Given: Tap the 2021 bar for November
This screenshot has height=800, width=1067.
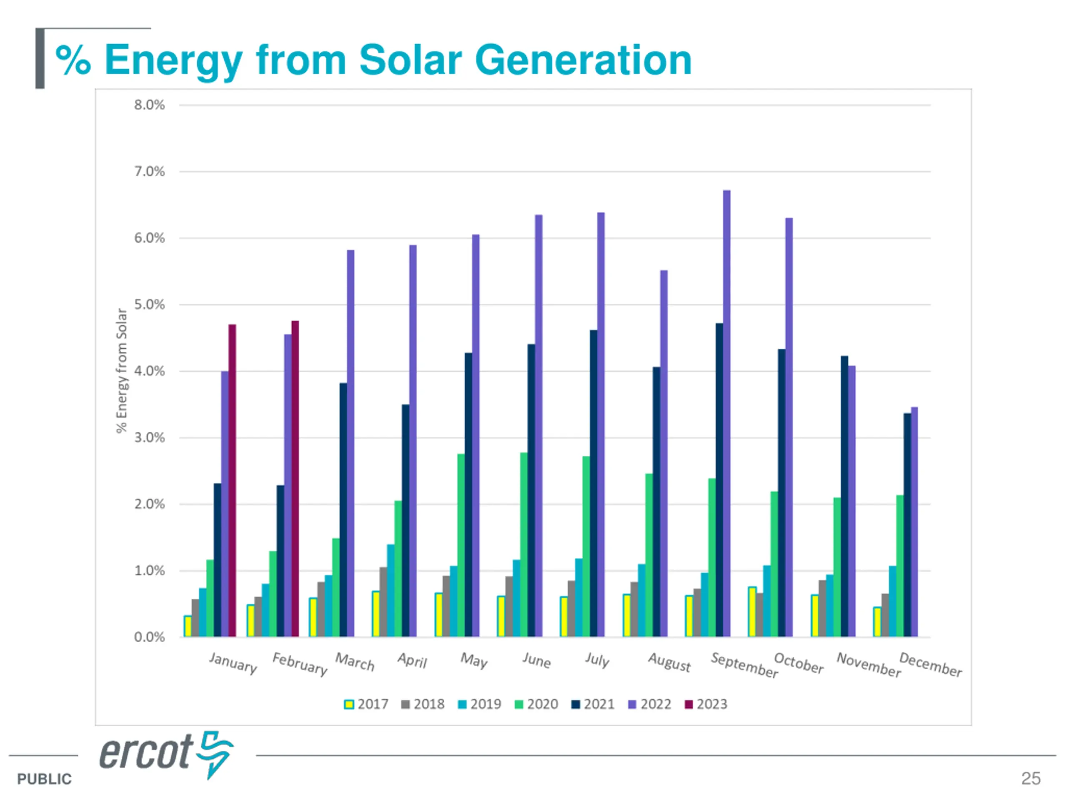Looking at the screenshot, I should (844, 496).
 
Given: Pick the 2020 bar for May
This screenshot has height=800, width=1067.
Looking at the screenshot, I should (461, 545).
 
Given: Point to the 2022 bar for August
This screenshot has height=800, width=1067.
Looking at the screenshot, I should (664, 453).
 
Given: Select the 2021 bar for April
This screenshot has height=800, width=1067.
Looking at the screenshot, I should (406, 520).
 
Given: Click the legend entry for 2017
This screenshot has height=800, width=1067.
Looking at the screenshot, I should (366, 705).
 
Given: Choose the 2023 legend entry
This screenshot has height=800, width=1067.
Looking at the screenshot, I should (706, 705).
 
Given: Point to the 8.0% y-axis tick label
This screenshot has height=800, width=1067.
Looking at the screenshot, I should (149, 105).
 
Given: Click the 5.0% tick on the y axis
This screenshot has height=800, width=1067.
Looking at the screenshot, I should (149, 305).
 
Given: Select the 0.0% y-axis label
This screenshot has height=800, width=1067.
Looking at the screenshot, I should (149, 637).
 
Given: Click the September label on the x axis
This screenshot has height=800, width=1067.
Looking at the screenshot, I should (744, 665).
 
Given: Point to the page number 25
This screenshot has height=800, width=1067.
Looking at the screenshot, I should (1030, 778).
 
